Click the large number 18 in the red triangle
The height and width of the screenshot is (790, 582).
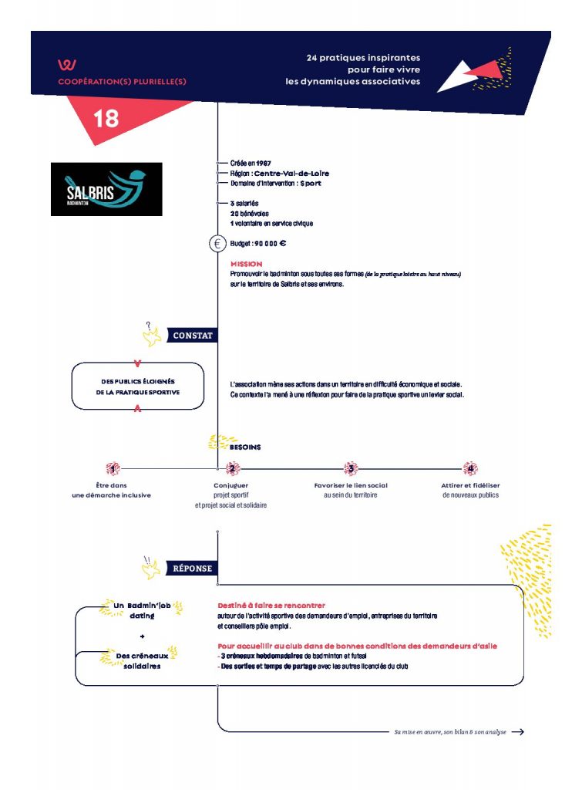106,119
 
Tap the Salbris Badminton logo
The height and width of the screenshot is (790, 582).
106,189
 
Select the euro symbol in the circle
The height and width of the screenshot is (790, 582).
217,244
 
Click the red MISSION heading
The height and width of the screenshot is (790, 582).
246,265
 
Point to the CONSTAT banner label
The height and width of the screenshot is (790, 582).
193,336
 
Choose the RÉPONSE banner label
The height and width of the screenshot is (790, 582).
192,569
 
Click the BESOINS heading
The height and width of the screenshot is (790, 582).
245,447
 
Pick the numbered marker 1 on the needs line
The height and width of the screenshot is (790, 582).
113,468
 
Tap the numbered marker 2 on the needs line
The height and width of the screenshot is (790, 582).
231,468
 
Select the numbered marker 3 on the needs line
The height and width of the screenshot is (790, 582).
351,468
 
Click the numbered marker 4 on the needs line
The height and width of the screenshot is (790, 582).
470,468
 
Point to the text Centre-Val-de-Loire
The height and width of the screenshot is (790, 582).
288,174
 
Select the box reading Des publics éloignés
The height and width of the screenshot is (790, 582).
138,387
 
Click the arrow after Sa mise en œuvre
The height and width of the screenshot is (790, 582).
518,732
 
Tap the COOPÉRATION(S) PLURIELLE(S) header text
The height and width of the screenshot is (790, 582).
122,81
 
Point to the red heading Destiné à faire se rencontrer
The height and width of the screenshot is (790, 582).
272,606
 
